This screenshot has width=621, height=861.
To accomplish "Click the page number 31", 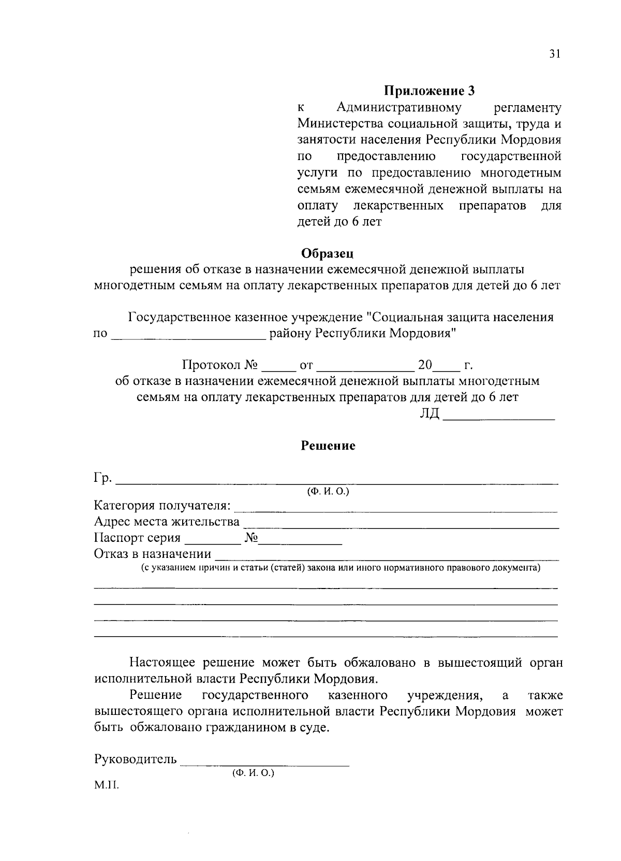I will click(554, 54).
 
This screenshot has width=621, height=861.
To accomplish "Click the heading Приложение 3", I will click(429, 91).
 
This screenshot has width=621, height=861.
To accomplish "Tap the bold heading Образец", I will click(328, 253).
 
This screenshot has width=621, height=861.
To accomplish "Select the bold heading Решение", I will click(328, 446).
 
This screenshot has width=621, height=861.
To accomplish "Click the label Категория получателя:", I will click(162, 505).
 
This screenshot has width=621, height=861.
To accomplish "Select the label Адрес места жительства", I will click(166, 521).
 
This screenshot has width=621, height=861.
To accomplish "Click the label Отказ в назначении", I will click(152, 554).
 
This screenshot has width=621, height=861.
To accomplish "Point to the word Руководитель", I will click(135, 759).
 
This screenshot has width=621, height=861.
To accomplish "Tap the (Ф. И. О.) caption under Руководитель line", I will click(253, 772).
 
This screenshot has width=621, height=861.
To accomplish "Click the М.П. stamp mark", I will click(106, 785).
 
